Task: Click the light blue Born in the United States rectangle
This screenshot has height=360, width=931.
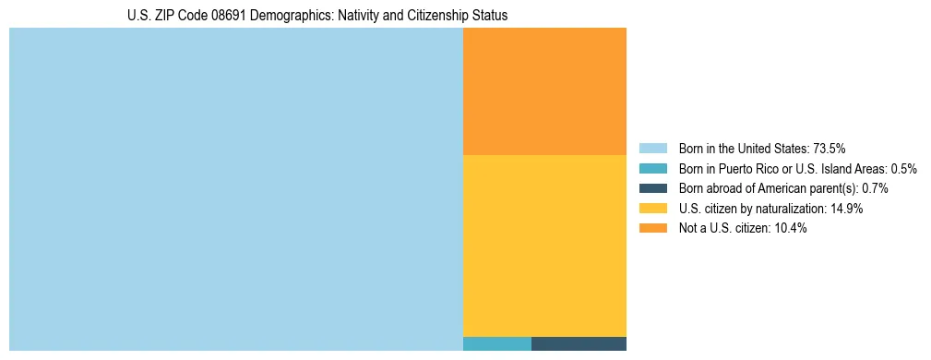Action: pyautogui.click(x=235, y=189)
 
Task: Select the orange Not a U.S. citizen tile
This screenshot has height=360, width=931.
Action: pyautogui.click(x=544, y=90)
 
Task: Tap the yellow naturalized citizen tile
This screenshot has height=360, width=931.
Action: pyautogui.click(x=544, y=246)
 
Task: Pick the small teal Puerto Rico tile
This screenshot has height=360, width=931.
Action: pyautogui.click(x=496, y=344)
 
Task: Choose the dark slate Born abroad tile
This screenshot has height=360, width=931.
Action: pyautogui.click(x=579, y=344)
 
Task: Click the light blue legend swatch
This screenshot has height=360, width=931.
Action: pyautogui.click(x=652, y=149)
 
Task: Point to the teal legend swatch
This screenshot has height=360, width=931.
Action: pyautogui.click(x=652, y=169)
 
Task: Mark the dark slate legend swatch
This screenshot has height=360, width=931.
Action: pyautogui.click(x=652, y=188)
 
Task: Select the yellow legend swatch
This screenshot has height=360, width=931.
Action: pyautogui.click(x=652, y=209)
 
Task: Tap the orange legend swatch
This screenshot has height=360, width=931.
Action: pyautogui.click(x=652, y=228)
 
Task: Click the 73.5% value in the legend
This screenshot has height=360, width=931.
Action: pyautogui.click(x=830, y=149)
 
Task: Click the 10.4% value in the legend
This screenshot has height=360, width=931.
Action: pyautogui.click(x=791, y=228)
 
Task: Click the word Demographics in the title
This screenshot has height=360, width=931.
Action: pyautogui.click(x=286, y=17)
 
